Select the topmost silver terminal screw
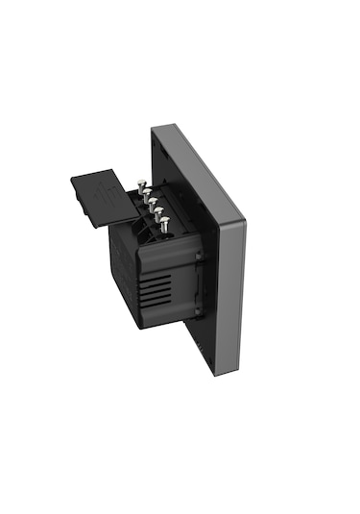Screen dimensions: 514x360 tap(140, 183)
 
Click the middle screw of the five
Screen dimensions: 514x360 tap(154, 205)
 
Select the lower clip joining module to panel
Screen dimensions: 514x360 tap(199, 309)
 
